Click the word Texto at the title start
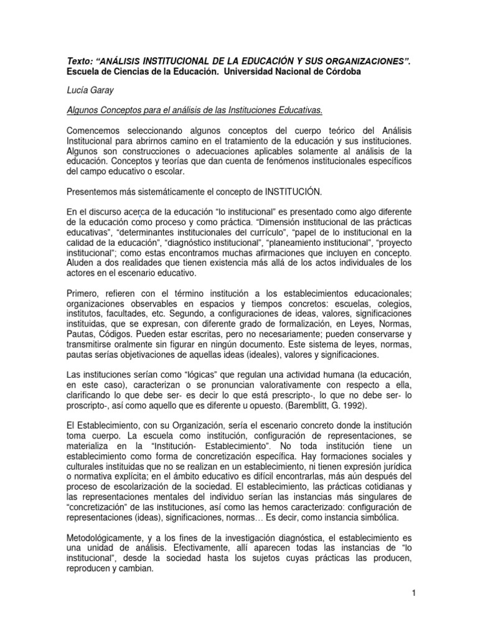click(79, 62)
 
